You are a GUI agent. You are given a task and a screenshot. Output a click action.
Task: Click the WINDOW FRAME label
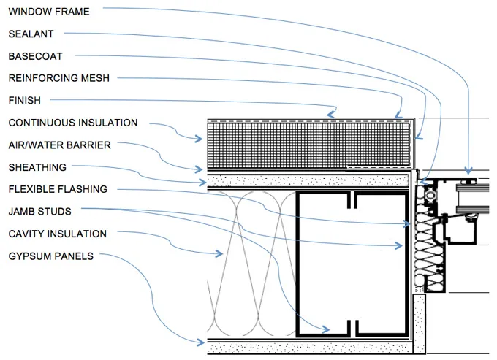pos(49,11)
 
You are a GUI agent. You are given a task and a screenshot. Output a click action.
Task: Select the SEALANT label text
pos(31,34)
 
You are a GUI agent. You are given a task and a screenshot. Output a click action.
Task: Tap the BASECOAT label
pos(35,55)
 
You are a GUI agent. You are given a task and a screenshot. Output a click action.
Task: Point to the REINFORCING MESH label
pos(58,77)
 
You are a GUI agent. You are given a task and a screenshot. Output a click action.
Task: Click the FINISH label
pos(24,100)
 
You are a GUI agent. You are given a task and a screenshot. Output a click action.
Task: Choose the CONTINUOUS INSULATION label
pos(72,123)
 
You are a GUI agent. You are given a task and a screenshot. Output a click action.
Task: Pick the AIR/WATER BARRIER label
pos(59,145)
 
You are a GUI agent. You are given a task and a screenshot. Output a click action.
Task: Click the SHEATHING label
pos(37,167)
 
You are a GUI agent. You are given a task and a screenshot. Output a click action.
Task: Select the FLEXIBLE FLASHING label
pos(58,189)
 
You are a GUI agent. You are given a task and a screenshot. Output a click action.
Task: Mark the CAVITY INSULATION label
pos(57,234)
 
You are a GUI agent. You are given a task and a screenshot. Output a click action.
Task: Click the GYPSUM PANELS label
pos(50,256)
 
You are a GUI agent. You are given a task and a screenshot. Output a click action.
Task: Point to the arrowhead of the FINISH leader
pos(334,113)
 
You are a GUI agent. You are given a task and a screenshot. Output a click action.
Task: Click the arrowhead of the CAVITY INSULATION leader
pos(221,255)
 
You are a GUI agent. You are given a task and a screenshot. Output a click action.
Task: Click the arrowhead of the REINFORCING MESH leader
pos(398,115)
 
